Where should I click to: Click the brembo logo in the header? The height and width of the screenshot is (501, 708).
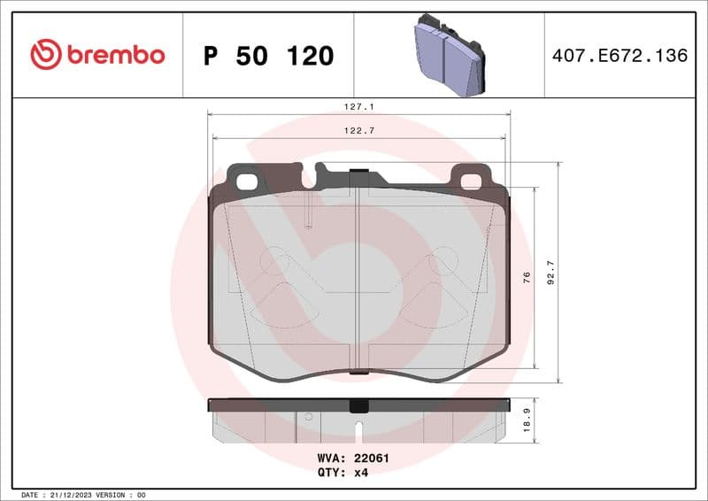(97, 55)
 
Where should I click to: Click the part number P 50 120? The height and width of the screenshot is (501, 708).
(268, 56)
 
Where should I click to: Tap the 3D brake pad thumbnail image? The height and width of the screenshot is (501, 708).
(450, 54)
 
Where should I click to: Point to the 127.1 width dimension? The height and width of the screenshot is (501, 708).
(359, 106)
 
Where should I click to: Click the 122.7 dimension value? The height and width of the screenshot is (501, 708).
(359, 131)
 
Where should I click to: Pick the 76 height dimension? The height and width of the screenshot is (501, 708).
(527, 277)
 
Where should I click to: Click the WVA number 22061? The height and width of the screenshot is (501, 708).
(372, 459)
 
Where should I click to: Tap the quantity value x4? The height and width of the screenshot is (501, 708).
(360, 473)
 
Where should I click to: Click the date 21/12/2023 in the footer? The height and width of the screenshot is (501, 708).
(73, 494)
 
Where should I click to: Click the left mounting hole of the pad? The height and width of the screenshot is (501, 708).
(248, 181)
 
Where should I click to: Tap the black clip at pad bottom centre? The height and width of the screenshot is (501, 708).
(358, 371)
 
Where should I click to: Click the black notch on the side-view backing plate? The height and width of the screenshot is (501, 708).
(358, 406)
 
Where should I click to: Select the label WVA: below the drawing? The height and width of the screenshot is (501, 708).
(332, 459)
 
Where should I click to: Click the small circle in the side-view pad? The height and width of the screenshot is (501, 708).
(308, 416)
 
